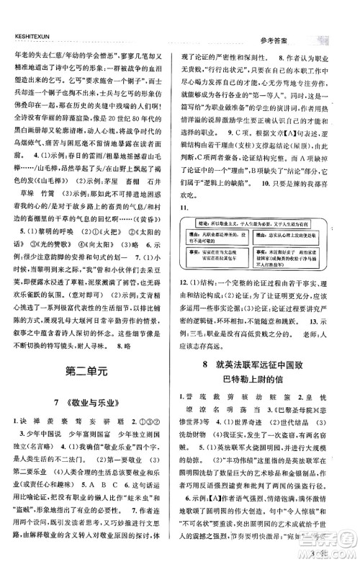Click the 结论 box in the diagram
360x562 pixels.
coord(269,243)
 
